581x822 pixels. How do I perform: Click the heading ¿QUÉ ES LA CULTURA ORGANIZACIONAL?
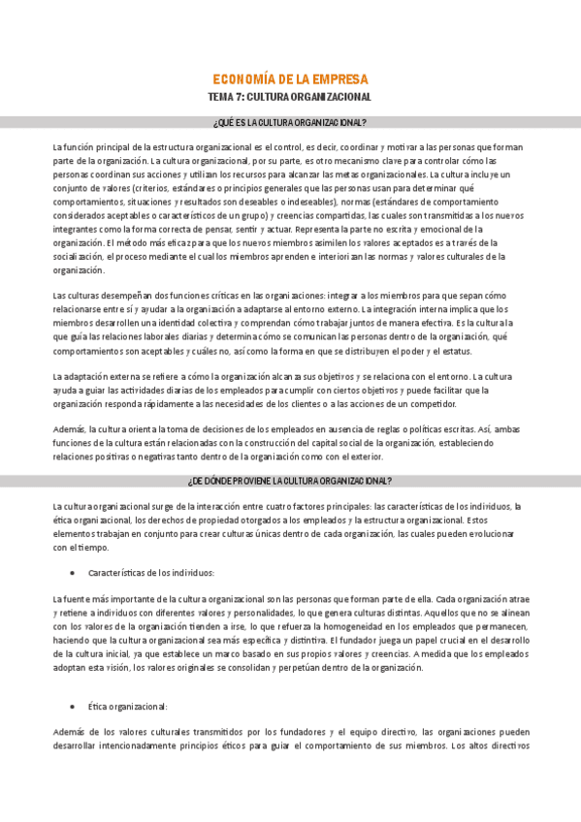(289, 122)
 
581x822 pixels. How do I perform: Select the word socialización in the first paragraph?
(77, 256)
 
